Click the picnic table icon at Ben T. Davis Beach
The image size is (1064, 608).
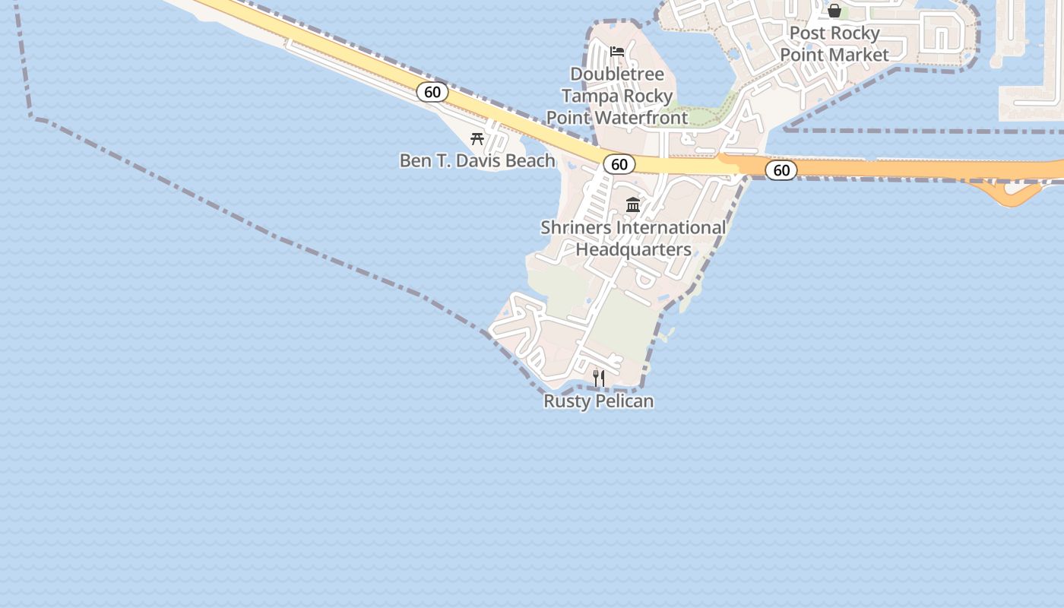pos(477,138)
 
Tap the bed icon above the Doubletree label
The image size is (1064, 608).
pos(617,52)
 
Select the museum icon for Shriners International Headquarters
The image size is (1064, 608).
pos(633,204)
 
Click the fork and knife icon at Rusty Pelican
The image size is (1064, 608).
pos(599,378)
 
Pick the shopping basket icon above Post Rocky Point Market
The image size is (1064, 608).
pos(834,11)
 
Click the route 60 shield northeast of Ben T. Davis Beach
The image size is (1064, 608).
pos(432,93)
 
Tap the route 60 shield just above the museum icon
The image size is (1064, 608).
pos(619,164)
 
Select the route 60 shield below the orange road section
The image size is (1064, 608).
pos(781,170)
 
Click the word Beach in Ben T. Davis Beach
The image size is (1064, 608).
pos(529,161)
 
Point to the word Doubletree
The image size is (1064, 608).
pos(617,74)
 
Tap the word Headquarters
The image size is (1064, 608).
pos(633,249)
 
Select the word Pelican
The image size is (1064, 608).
pos(624,401)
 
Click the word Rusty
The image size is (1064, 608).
pos(567,401)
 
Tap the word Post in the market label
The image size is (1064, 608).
pos(806,33)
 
